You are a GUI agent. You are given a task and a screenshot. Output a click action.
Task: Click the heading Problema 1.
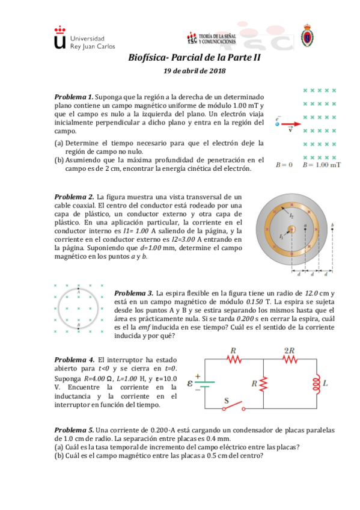73,97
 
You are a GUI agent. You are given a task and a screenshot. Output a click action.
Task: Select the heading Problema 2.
73,197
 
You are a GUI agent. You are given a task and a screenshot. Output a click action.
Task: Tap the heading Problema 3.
133,293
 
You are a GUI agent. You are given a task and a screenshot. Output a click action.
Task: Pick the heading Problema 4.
73,359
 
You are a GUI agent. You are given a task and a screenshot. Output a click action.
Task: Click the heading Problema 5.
73,430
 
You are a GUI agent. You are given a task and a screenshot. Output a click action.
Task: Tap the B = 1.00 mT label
320,164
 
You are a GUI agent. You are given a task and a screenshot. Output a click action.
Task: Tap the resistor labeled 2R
290,360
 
